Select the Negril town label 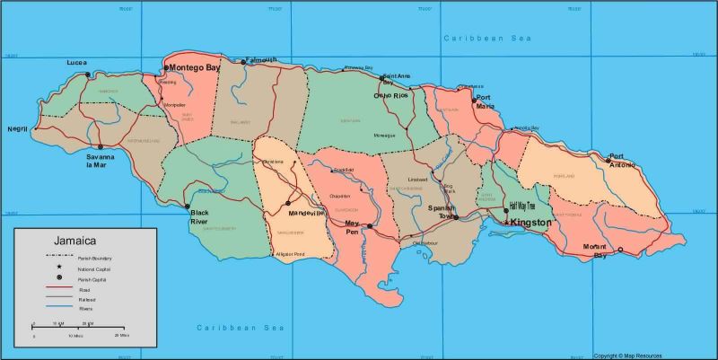(x=18, y=128)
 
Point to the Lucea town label (x=77, y=63)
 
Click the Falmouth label (x=261, y=60)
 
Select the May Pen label (x=352, y=226)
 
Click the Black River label (x=198, y=216)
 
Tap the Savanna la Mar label (x=101, y=161)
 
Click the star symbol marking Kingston (x=506, y=222)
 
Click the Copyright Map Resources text (x=654, y=356)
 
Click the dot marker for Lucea (x=88, y=75)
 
